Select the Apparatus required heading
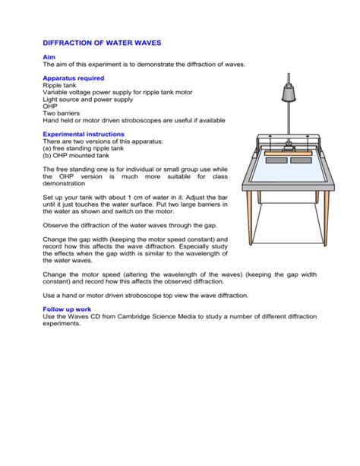click(x=73, y=78)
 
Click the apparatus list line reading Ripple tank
click(x=61, y=86)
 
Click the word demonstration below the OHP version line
click(x=65, y=183)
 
